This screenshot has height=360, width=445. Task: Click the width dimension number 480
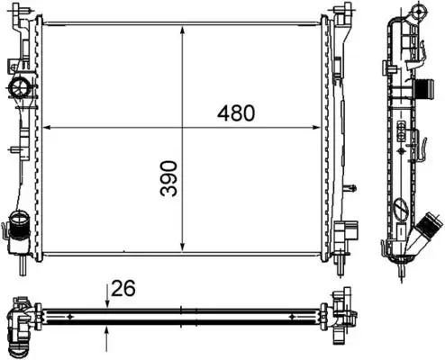(x=236, y=112)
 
